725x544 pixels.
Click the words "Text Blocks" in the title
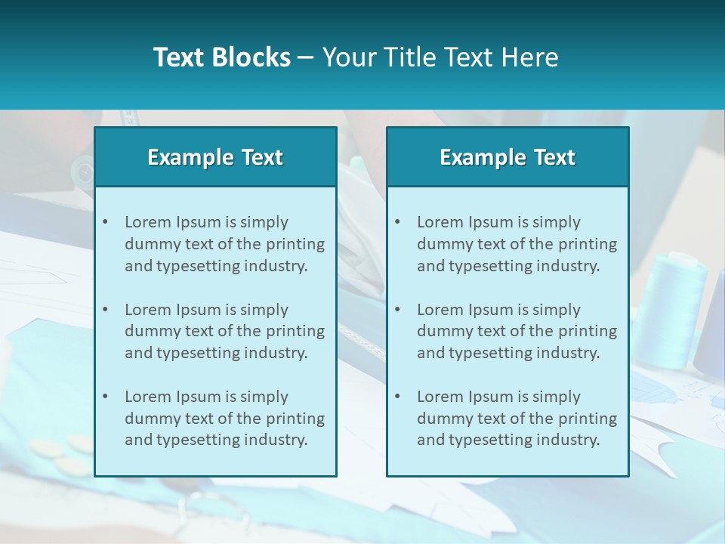221,57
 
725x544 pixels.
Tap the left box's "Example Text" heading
215,157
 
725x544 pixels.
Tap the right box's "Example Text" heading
507,157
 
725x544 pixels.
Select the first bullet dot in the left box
105,222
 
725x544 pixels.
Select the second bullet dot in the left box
105,310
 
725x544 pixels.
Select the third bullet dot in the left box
105,397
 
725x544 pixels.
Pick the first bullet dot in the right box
397,222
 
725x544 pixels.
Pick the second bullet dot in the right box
397,310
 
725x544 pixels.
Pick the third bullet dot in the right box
397,397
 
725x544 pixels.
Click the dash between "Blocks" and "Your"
306,57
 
